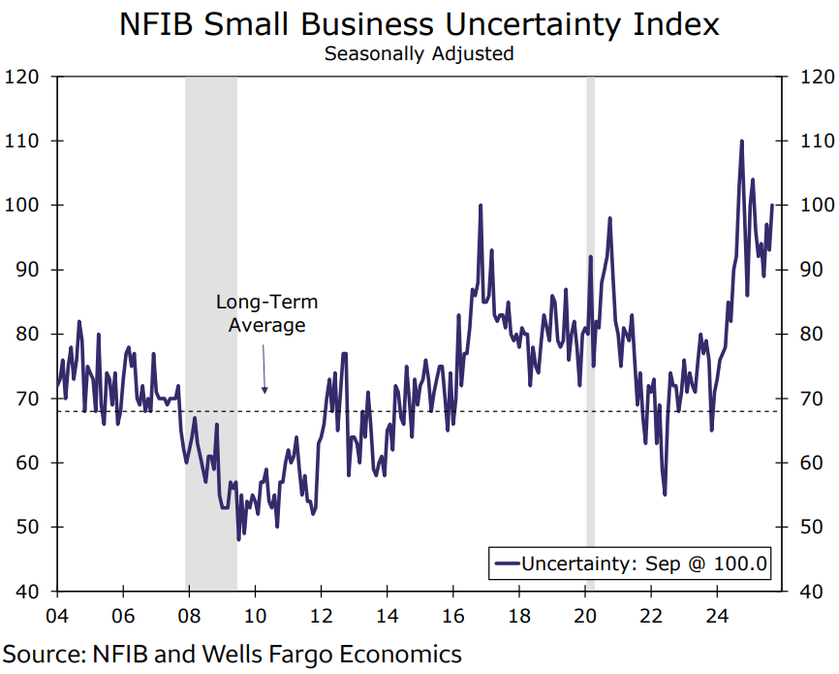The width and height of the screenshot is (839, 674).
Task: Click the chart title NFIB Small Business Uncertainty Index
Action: point(419,23)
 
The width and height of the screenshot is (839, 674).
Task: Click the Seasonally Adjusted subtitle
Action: point(419,54)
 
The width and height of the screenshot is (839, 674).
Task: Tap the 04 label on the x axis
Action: point(57,615)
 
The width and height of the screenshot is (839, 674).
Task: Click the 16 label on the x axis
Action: point(451,615)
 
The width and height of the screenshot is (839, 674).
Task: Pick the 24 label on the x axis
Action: point(715,615)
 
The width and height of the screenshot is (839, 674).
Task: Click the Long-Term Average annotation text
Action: point(266,313)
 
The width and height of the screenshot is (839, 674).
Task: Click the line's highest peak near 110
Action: point(742,142)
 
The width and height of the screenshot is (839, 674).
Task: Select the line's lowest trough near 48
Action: point(238,538)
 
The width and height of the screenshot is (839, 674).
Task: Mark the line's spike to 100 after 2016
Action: point(481,206)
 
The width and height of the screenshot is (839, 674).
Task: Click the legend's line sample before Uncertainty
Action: point(506,563)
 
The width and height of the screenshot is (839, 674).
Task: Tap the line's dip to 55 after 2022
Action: point(665,495)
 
